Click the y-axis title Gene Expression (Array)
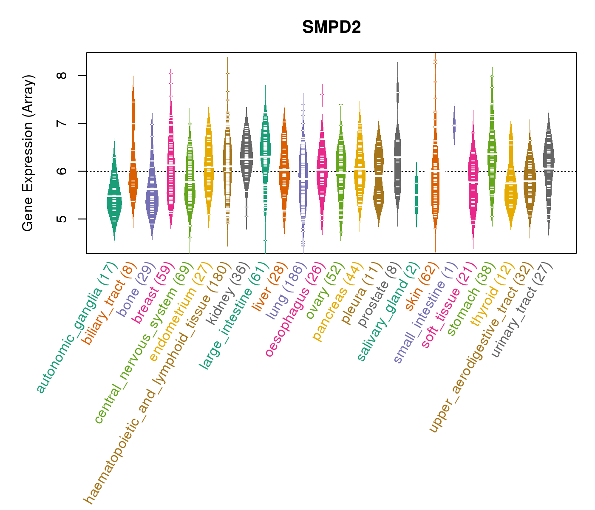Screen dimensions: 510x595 28,153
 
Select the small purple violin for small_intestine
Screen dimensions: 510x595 454,125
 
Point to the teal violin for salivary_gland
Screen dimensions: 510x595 416,195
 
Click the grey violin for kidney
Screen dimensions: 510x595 246,157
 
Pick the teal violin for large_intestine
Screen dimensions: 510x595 265,149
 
